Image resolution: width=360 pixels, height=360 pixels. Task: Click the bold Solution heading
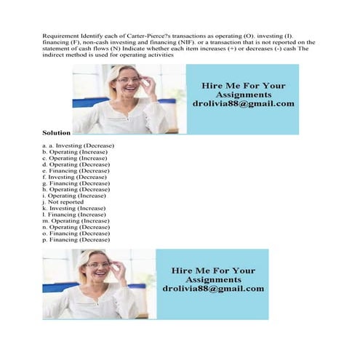[56, 134]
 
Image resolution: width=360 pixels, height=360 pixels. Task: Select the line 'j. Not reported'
[63, 202]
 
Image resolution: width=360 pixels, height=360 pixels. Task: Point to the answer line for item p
[76, 239]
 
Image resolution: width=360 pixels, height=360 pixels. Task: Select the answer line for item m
[76, 220]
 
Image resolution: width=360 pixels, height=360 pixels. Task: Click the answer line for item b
[76, 152]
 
